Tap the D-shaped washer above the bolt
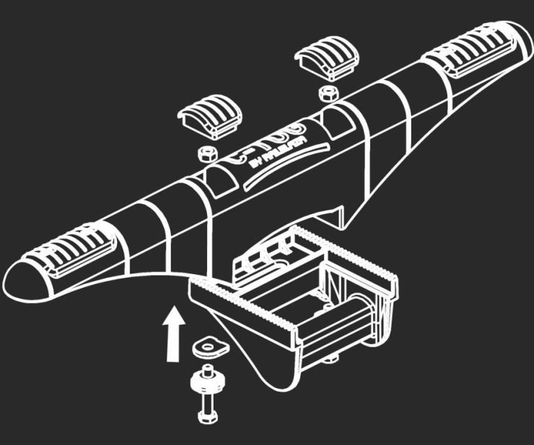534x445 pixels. point(209,347)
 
